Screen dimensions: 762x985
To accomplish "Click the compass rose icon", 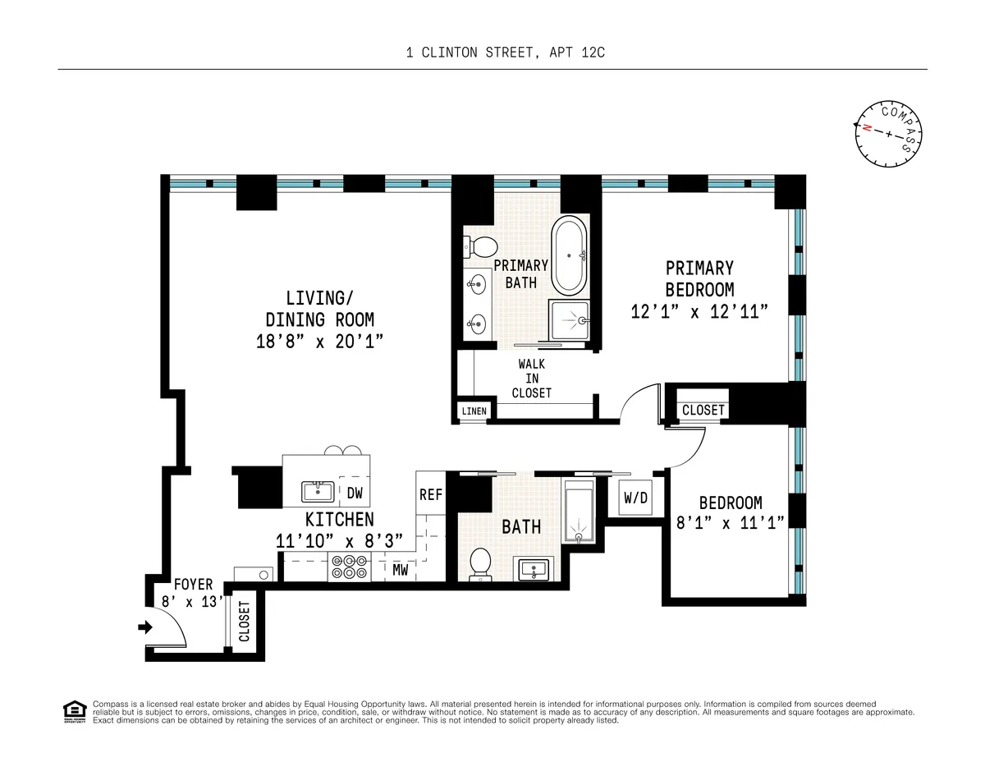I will tap(888, 133).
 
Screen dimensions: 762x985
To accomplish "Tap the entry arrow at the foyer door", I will tap(145, 627).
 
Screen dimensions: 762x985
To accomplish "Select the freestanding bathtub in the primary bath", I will tap(568, 255).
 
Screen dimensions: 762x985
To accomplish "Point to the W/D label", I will tap(635, 498).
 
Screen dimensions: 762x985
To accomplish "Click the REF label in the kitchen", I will tap(430, 495).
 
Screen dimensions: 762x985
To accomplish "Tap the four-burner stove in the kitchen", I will tap(348, 567).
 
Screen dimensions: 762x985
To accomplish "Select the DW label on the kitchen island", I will tap(355, 493).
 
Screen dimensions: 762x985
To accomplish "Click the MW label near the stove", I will tap(401, 568).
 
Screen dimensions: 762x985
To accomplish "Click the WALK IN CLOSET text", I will tap(531, 379).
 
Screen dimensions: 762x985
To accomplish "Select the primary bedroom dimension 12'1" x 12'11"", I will tap(699, 312).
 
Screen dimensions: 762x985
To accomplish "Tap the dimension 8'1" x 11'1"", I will tap(730, 522).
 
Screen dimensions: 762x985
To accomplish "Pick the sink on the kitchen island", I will tap(317, 492).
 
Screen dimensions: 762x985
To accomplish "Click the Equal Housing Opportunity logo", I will tap(74, 711).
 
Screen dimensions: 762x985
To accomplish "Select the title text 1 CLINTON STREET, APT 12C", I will tap(506, 53).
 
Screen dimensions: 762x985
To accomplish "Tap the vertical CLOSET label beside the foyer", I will tap(244, 622).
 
